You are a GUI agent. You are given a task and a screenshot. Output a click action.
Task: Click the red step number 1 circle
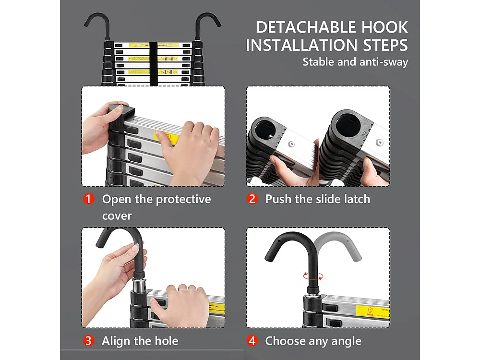point(89,199)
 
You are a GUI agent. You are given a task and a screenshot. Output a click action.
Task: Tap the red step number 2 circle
point(252,199)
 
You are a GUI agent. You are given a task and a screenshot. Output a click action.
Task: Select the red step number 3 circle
point(89,341)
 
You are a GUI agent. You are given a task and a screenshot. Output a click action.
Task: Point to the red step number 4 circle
point(252,341)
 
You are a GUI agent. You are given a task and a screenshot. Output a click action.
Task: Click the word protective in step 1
point(183,199)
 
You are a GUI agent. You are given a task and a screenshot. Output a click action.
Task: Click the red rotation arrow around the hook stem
point(313,276)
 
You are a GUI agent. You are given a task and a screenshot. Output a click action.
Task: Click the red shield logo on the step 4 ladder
point(370,311)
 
